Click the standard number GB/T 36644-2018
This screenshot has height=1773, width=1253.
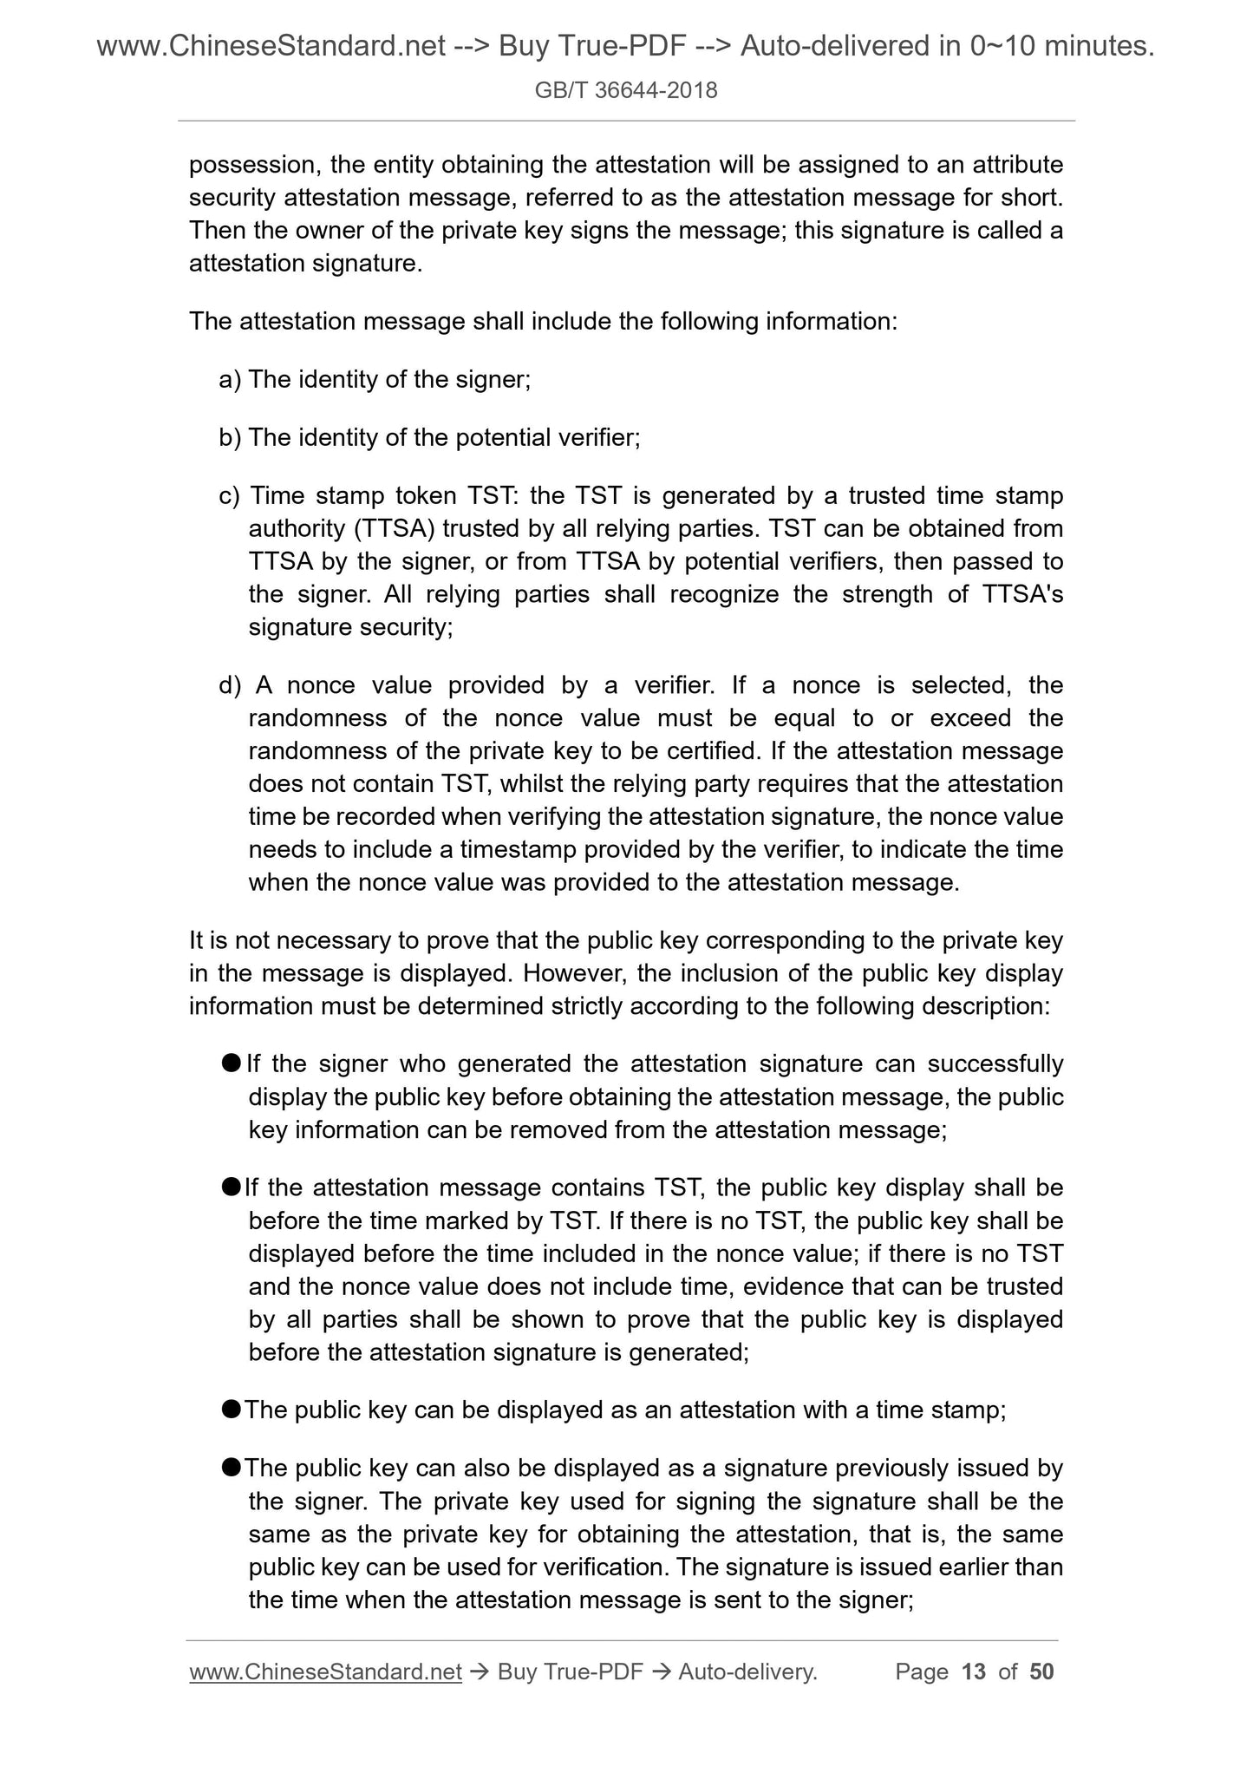tap(626, 90)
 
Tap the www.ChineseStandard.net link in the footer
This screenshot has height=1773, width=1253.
tap(325, 1672)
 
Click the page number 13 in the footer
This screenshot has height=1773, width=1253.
tap(974, 1672)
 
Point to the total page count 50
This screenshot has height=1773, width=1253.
tap(1041, 1672)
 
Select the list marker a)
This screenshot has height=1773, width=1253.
tap(230, 380)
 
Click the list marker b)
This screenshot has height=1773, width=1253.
tap(230, 438)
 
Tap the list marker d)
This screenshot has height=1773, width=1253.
tap(230, 686)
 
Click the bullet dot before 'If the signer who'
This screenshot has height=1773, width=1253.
tap(231, 1063)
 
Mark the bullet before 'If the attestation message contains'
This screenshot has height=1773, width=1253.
tap(231, 1187)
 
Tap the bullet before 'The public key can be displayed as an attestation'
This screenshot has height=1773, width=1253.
tap(231, 1410)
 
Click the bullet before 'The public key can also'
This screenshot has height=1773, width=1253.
tap(231, 1468)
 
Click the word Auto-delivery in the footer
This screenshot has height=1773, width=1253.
tap(747, 1672)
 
